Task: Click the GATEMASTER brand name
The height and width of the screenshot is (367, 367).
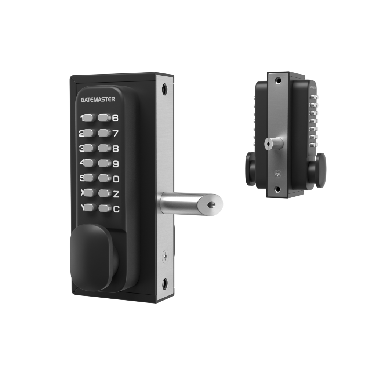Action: click(x=98, y=99)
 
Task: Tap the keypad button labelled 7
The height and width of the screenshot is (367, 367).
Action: click(x=104, y=133)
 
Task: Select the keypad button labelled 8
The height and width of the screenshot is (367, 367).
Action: click(x=104, y=148)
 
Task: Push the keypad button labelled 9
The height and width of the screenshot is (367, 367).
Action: click(x=104, y=163)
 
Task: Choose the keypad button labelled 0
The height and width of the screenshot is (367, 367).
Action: click(x=104, y=179)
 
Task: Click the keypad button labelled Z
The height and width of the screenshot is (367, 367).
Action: click(x=104, y=194)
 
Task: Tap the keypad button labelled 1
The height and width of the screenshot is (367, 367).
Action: click(x=88, y=118)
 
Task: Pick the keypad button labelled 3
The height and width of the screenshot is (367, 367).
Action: click(x=88, y=148)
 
